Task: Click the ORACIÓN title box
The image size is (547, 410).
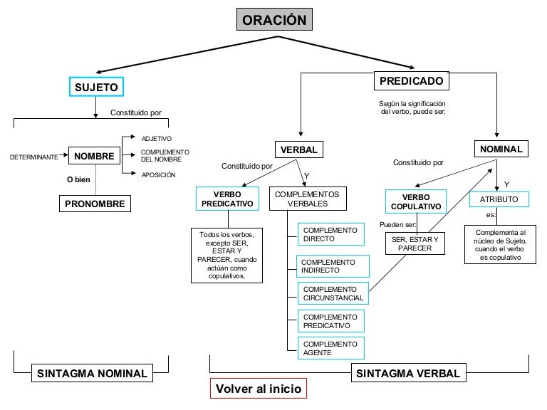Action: tap(274, 20)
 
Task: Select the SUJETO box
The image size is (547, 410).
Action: tap(96, 87)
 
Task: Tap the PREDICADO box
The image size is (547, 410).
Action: tap(412, 80)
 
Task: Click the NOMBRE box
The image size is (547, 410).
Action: tap(94, 155)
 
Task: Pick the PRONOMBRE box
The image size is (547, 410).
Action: tap(94, 204)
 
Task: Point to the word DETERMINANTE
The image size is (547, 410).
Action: tap(34, 156)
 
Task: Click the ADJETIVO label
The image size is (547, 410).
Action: tap(157, 138)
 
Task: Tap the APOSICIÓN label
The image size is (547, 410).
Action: tap(158, 174)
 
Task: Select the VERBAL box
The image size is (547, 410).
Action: tap(299, 149)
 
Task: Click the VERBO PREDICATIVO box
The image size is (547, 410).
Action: tap(227, 198)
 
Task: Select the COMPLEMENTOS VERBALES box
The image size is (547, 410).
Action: tap(307, 198)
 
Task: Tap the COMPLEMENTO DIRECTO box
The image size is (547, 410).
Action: tap(330, 234)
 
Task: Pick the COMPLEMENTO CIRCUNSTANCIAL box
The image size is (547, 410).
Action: tap(333, 293)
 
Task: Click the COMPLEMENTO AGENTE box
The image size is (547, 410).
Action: tap(330, 348)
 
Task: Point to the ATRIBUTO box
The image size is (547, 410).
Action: tap(499, 199)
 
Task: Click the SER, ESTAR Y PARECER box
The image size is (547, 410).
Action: tap(416, 243)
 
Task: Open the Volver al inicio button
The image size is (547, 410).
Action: tap(259, 389)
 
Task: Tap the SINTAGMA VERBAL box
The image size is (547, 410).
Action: tap(408, 373)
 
